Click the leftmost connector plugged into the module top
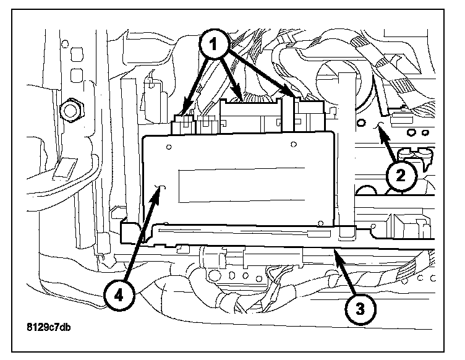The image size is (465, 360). click(x=184, y=124)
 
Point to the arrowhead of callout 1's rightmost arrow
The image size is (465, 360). click(x=293, y=95)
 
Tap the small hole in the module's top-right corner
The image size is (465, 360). click(x=292, y=145)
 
